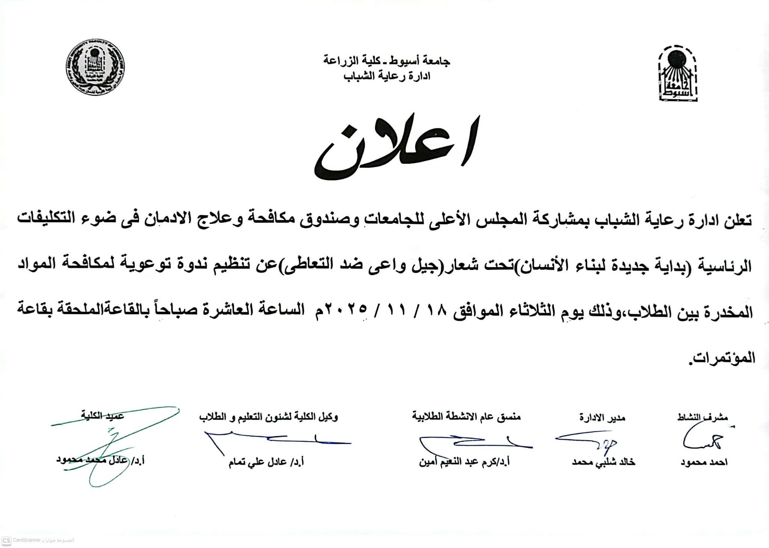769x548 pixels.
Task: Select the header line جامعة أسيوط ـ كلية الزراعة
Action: [x=387, y=61]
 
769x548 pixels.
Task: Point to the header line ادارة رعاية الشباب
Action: [x=387, y=76]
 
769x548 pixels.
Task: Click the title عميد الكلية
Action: [x=103, y=416]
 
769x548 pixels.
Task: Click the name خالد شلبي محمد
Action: [x=603, y=462]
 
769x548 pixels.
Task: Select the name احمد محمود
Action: [x=704, y=462]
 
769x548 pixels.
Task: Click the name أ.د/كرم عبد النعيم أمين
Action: [x=464, y=462]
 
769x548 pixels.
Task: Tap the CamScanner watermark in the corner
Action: [x=38, y=540]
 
